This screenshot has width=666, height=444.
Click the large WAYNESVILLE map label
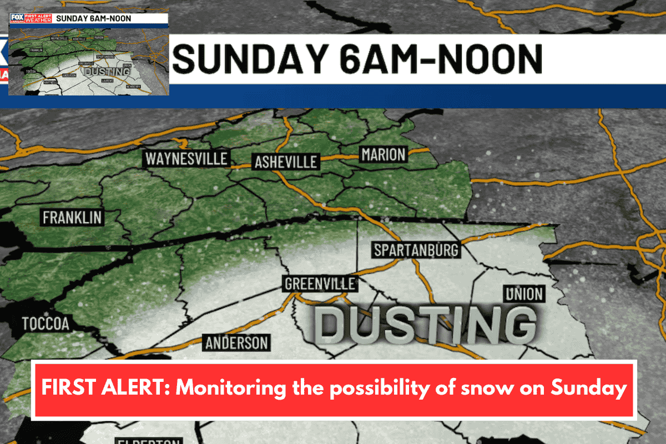pos(186,159)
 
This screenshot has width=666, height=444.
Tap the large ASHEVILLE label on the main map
pos(285,162)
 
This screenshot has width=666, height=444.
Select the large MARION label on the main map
pos(383,154)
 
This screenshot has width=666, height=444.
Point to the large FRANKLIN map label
pos(72,217)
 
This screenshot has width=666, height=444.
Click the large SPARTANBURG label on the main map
pos(416,250)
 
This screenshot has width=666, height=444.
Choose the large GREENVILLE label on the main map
pos(319,284)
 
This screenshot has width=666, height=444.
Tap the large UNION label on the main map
pos(523,294)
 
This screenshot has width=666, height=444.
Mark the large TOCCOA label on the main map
pos(46,324)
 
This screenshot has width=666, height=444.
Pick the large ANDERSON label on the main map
pos(236,342)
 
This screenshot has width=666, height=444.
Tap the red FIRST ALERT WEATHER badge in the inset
pos(38,18)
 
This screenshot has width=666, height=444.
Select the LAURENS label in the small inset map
pos(107,80)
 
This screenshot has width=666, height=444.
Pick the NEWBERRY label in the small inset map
pos(132,87)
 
